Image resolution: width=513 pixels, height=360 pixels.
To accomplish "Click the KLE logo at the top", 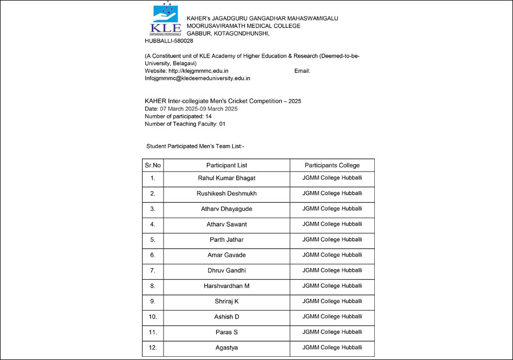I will [x=166, y=19].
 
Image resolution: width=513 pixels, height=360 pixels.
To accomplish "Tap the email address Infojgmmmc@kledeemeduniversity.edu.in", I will [x=197, y=78].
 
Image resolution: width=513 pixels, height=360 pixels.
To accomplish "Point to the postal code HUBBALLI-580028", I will [x=169, y=41].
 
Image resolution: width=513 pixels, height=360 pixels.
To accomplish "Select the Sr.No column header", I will [x=153, y=165].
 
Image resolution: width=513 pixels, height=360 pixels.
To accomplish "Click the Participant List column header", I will [x=226, y=165].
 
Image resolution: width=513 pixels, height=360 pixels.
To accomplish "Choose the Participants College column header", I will [x=332, y=165].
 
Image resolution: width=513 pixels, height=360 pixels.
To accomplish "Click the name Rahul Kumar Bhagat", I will [x=226, y=178].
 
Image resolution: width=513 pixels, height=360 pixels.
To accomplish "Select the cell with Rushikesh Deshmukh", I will [x=226, y=193].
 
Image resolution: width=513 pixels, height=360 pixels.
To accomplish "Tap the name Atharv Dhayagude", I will [x=226, y=209].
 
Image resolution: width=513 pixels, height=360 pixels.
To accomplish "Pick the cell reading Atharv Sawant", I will [x=226, y=224].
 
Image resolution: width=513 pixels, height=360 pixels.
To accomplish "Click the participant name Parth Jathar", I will [x=226, y=239].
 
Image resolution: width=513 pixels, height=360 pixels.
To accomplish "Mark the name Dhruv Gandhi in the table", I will [x=226, y=270].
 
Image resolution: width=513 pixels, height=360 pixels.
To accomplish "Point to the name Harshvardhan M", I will [x=226, y=286].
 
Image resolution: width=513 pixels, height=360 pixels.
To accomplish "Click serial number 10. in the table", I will [x=153, y=317].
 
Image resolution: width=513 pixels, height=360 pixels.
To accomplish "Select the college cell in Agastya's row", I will [x=332, y=348].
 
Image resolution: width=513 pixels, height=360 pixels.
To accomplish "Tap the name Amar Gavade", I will [x=226, y=255].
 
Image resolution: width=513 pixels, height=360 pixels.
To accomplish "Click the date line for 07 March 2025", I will [x=191, y=109].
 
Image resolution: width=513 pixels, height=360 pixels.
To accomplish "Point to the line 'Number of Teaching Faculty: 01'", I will [x=185, y=124].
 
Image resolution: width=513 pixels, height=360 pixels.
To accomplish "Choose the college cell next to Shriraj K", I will [x=332, y=301].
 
